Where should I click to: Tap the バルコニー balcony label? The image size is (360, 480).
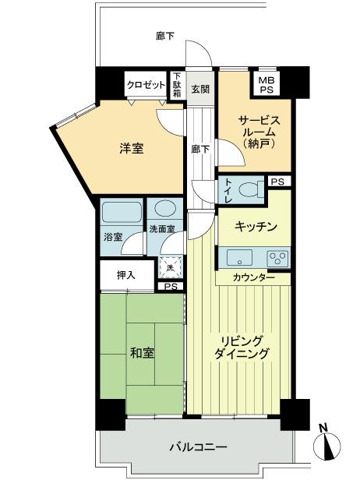[x=199, y=448]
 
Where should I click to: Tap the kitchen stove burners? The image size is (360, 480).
[x=277, y=258]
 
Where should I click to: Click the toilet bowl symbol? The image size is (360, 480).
[x=250, y=189]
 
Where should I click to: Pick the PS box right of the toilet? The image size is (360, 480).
[x=277, y=182]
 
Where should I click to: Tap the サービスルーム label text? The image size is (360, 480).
[x=254, y=131]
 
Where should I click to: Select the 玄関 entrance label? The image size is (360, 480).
[x=200, y=89]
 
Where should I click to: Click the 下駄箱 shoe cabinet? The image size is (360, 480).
[x=177, y=83]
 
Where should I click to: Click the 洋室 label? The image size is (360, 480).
[x=132, y=148]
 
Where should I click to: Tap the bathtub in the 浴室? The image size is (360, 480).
[x=121, y=213]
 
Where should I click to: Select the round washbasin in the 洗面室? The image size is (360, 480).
[x=164, y=209]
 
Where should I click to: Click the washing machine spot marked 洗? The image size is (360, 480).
[x=170, y=266]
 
